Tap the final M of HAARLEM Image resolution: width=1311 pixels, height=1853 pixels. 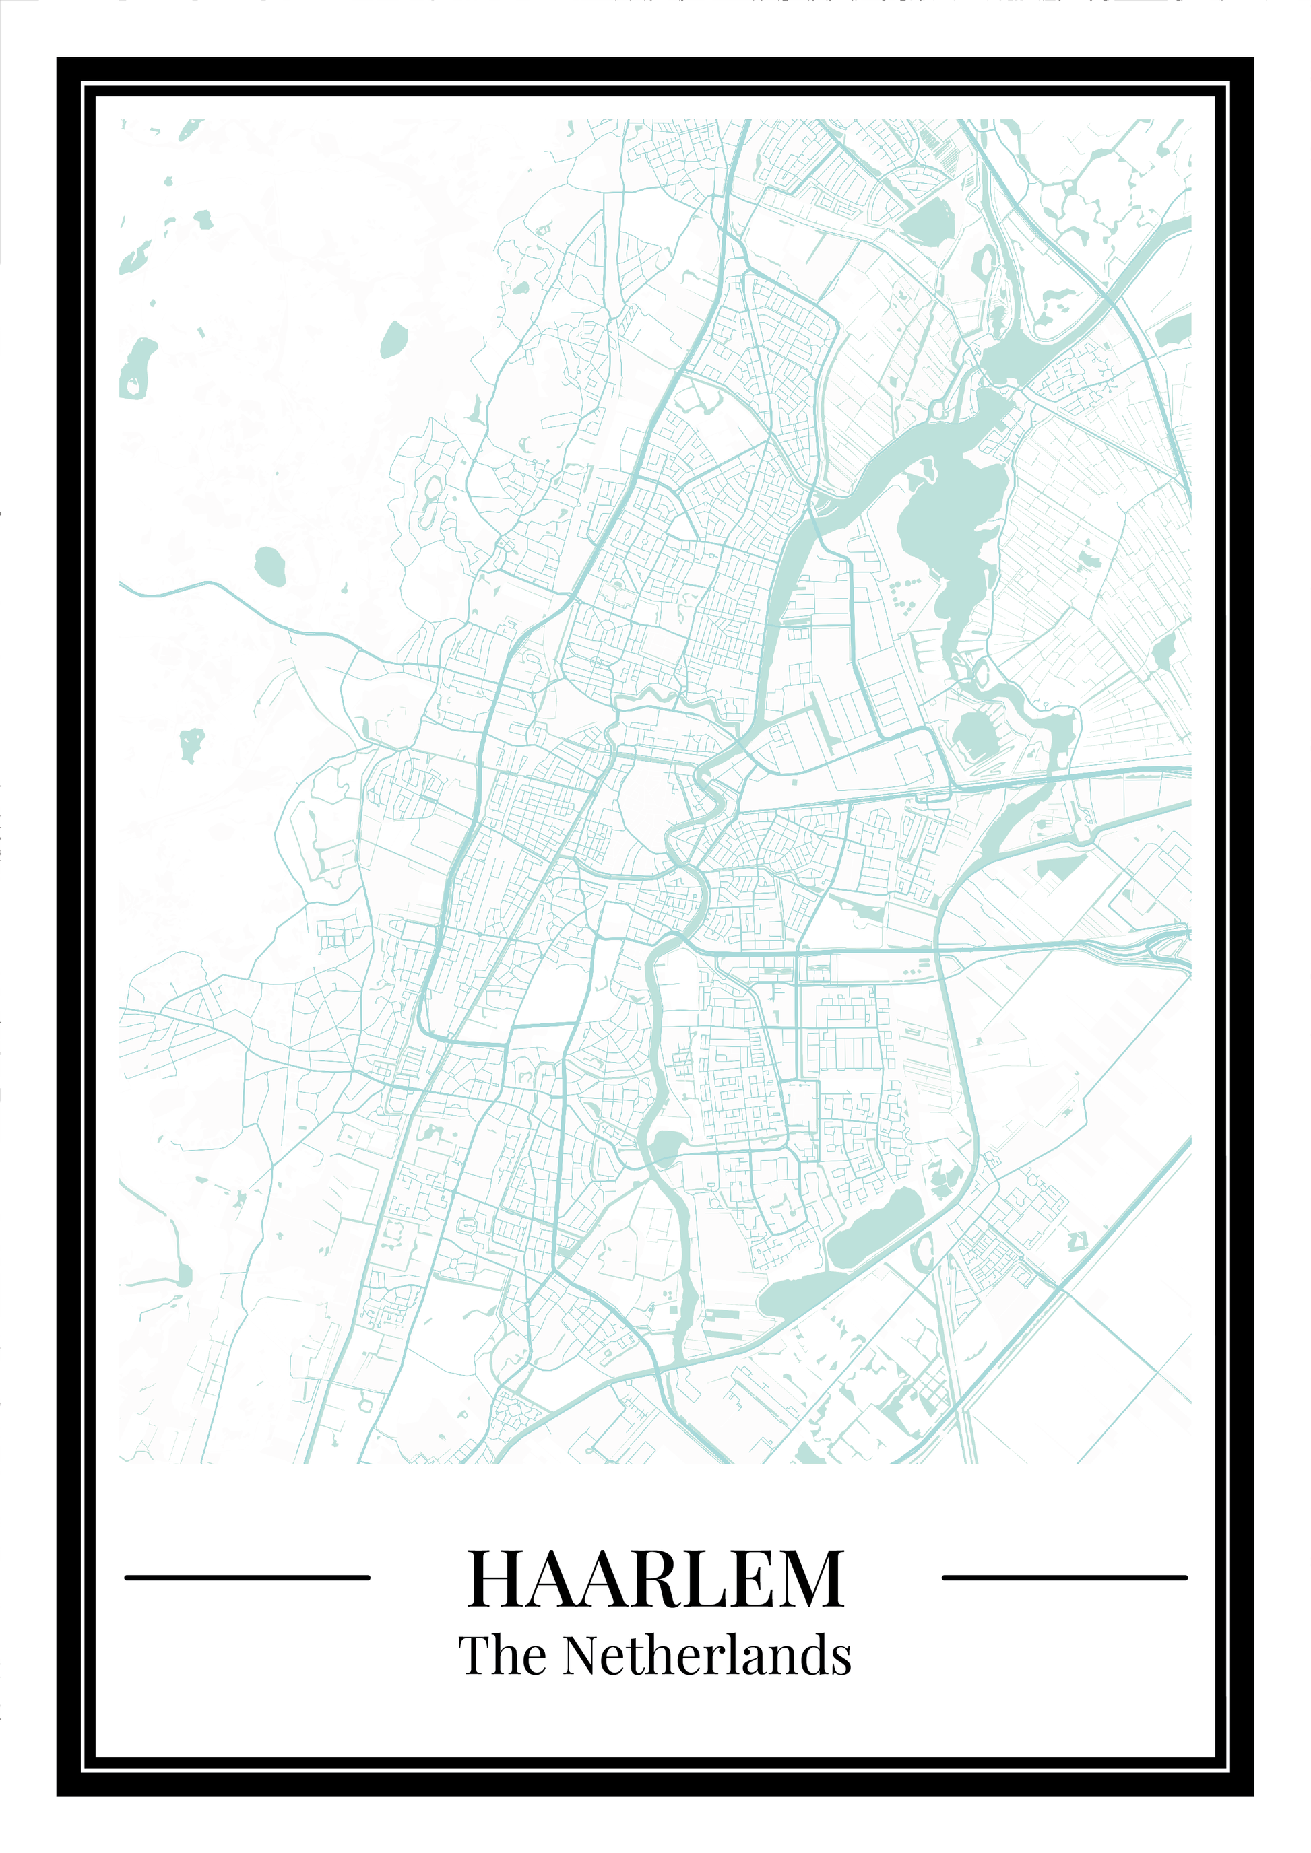pos(811,1578)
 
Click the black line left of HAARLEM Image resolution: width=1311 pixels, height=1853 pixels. pos(247,1577)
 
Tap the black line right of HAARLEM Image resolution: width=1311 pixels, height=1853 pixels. pos(1064,1577)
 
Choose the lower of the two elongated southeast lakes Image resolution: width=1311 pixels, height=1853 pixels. pos(795,1295)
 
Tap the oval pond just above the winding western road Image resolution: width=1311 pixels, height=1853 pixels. pos(269,566)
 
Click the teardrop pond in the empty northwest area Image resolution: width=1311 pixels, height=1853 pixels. pos(393,339)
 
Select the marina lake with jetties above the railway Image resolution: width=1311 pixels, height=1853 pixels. pos(973,734)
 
